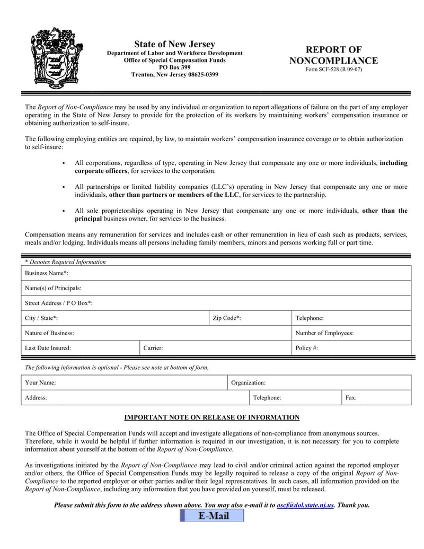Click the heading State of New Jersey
174,44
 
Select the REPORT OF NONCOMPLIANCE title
333,55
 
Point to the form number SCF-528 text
333,69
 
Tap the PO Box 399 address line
174,67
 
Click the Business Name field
238,273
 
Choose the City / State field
132,318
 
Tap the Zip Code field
265,318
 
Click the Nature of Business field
180,333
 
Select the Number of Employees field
382,333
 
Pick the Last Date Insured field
103,348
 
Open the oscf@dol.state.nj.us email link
305,506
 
